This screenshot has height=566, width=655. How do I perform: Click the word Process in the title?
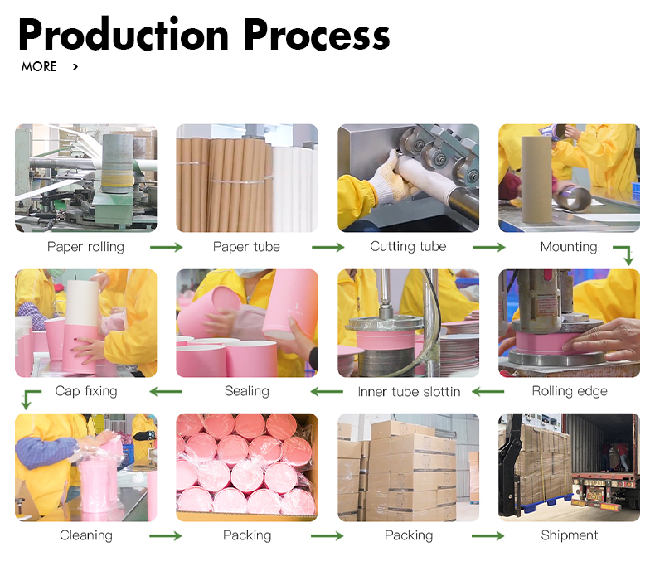pos(317,35)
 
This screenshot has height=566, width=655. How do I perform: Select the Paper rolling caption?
pos(85,247)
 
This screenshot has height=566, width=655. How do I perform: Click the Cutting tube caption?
pos(408,247)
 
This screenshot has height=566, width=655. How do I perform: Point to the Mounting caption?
pos(569,247)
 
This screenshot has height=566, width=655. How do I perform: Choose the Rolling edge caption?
pos(570,391)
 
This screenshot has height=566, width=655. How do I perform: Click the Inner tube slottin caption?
pos(409,391)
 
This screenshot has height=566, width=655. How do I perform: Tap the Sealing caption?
pos(247,391)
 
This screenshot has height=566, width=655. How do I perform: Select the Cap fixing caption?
pos(86,391)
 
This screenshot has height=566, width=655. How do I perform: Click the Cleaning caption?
pos(86,535)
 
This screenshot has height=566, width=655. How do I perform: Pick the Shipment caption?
pos(570,535)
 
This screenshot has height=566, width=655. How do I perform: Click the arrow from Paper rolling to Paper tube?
pos(166,247)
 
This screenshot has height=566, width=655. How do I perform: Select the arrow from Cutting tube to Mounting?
pos(488,247)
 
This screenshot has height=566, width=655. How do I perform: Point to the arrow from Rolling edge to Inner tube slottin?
pos(488,391)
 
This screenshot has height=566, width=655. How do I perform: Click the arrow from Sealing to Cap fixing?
pos(166,391)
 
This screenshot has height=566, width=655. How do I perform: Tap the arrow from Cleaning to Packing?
pos(166,536)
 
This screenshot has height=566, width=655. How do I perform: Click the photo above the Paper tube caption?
pos(247,178)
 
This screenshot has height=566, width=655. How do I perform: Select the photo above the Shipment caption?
pos(569,467)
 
